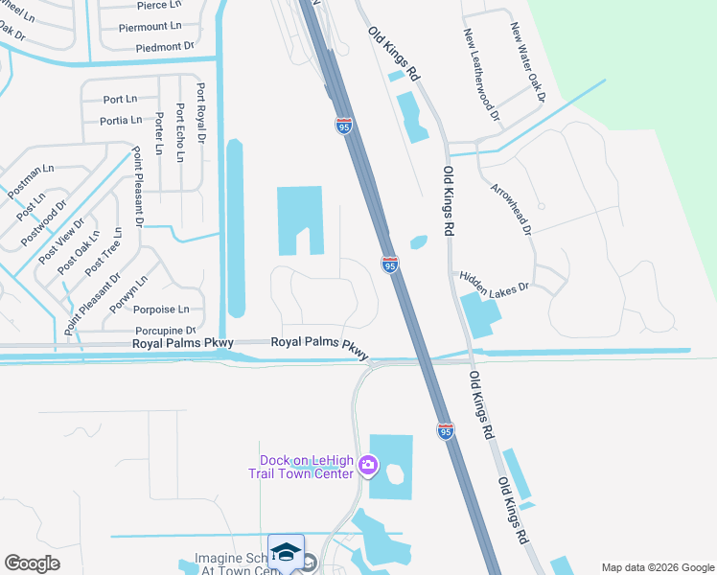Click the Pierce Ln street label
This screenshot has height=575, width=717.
tap(152, 5)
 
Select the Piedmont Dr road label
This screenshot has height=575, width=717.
tap(165, 46)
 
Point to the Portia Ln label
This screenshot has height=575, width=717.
tap(121, 120)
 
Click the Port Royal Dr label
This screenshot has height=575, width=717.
tap(200, 112)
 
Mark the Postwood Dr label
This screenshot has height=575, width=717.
tap(49, 219)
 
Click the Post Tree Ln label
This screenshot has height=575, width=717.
tap(103, 253)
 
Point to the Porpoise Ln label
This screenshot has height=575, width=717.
tap(161, 310)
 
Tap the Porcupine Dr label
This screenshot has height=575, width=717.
tap(164, 331)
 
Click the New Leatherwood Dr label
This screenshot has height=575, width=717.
tap(482, 75)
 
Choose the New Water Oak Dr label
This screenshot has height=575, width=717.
tap(527, 63)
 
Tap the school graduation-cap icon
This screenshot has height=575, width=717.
tap(286, 552)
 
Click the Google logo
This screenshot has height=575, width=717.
tap(32, 563)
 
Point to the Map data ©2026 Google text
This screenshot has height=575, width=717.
tap(657, 566)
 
